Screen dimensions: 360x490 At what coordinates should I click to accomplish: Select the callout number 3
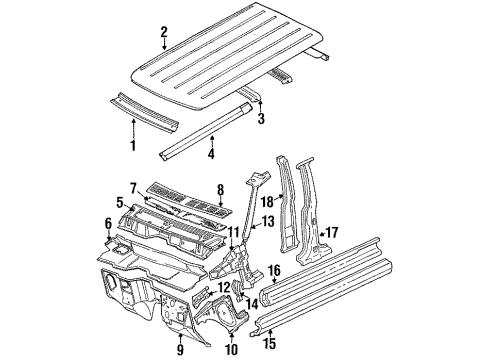click(261, 122)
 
